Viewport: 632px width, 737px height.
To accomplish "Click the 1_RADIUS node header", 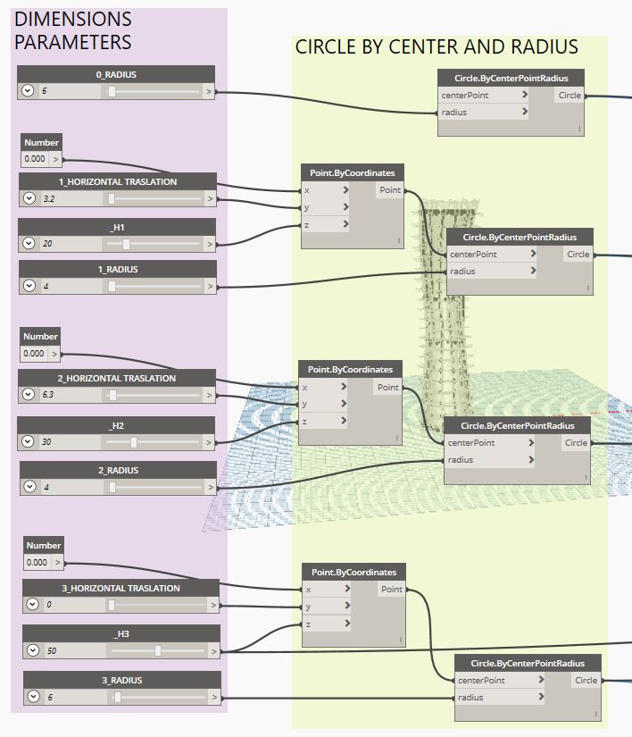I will click(x=117, y=269).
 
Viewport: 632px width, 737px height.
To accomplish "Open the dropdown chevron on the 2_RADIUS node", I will click(x=29, y=487).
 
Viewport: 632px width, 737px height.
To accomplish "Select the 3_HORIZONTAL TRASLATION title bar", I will click(x=121, y=588).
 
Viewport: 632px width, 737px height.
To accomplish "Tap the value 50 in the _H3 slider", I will click(x=52, y=651).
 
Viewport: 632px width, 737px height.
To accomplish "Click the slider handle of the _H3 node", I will click(x=158, y=651).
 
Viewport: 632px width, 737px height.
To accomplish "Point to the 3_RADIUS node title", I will click(x=121, y=680).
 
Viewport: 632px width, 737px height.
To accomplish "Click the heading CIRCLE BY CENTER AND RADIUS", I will click(x=437, y=47).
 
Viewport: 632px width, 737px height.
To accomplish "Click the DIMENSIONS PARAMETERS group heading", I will click(x=73, y=30).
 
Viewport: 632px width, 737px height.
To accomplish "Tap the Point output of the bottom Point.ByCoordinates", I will click(x=392, y=590).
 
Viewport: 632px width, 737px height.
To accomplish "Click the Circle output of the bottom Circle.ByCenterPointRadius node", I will click(x=586, y=681).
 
